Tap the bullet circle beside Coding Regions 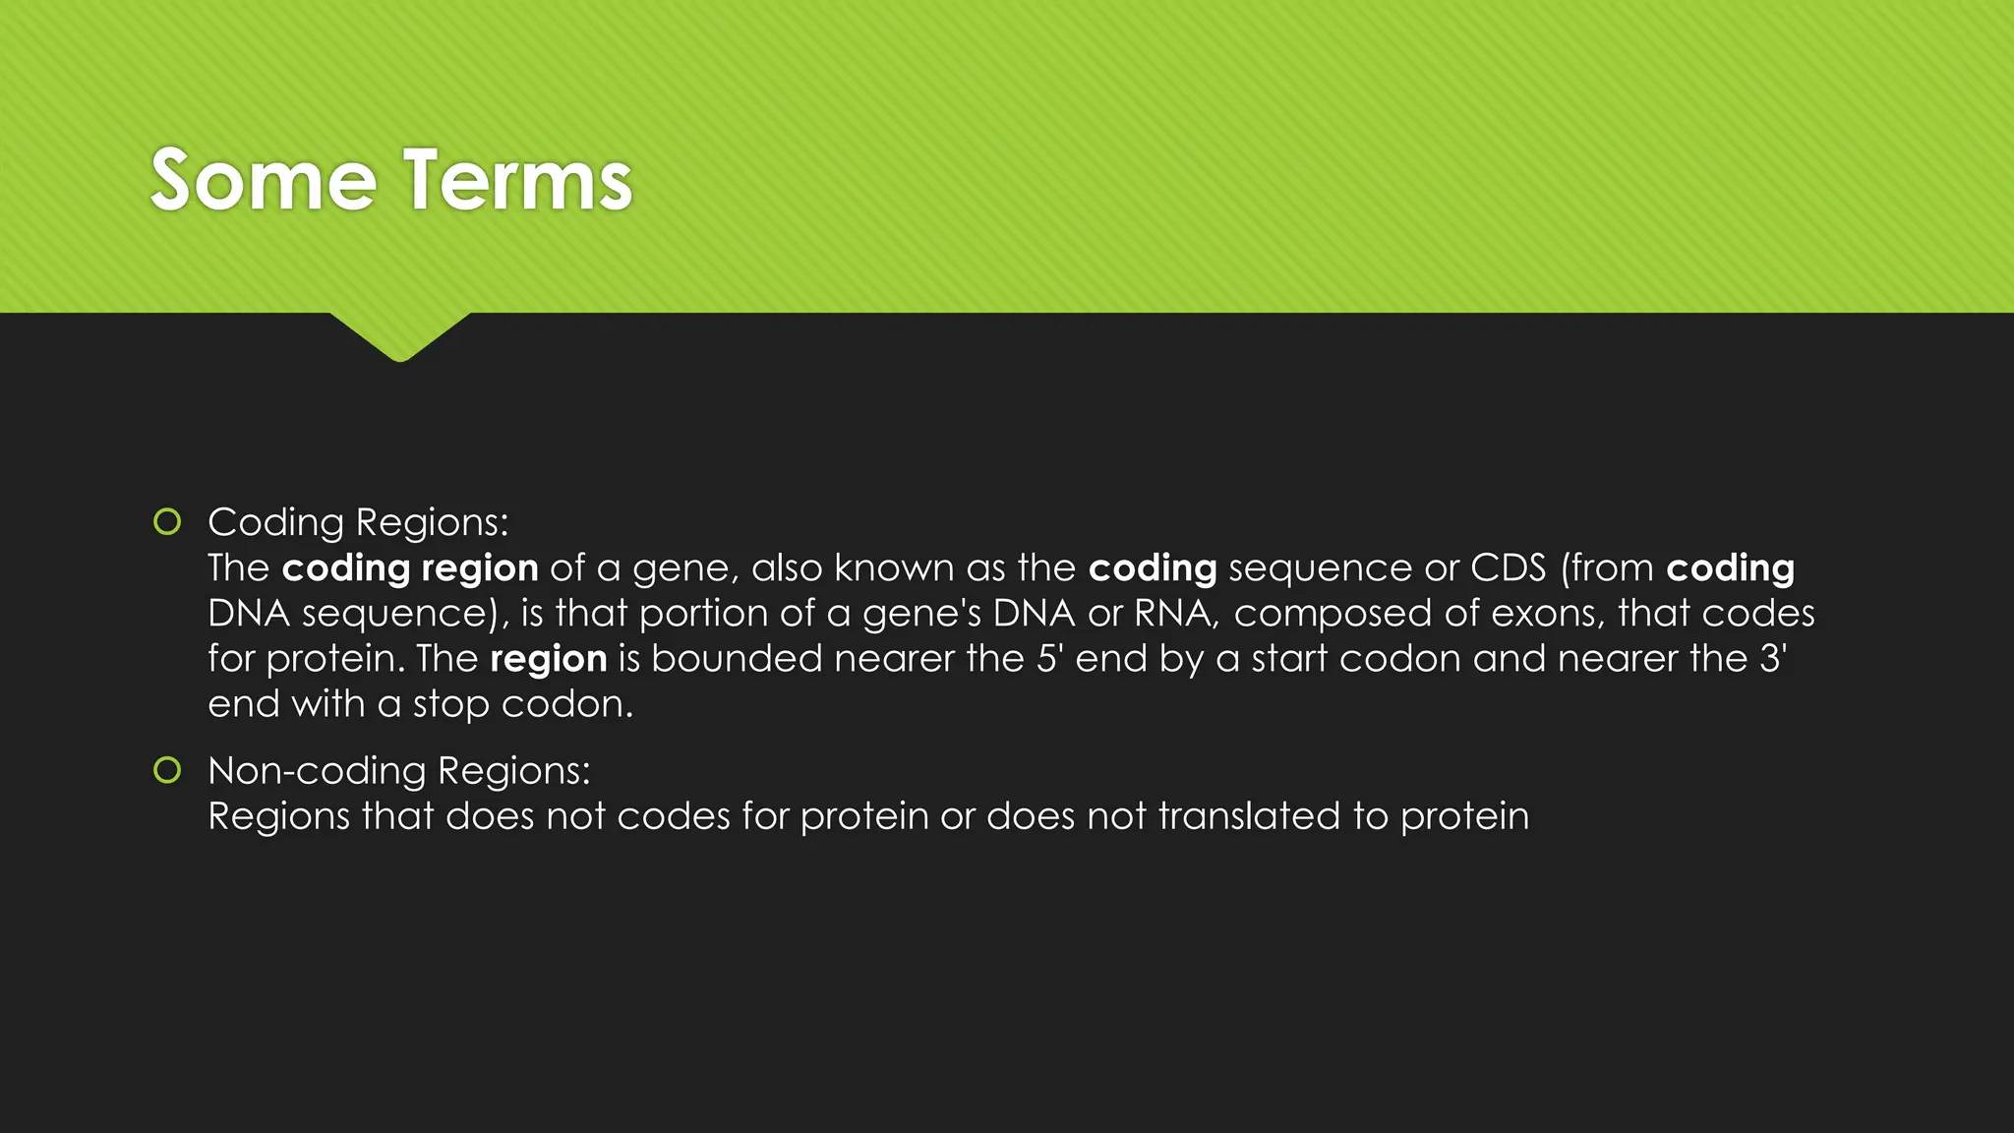point(167,521)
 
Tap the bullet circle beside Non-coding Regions point(167,770)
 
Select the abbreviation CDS point(1509,567)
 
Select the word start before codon point(1289,658)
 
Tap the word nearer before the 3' point(1618,658)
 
